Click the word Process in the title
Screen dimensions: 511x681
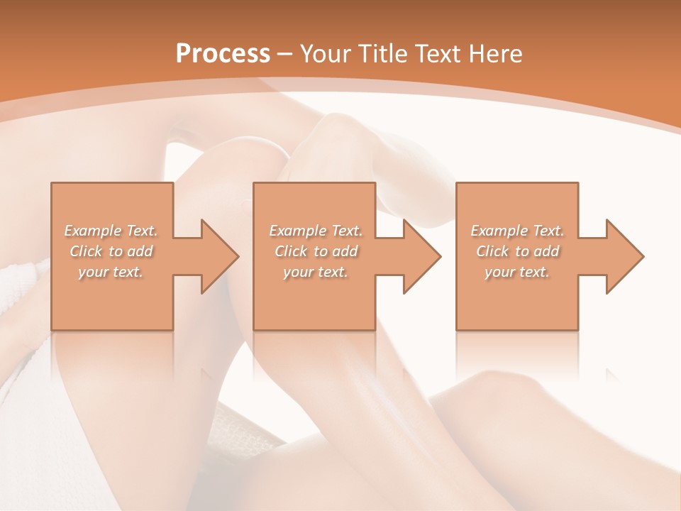(223, 54)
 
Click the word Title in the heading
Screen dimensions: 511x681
(382, 54)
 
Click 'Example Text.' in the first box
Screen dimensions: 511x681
(111, 231)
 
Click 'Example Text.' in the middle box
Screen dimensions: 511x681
(316, 231)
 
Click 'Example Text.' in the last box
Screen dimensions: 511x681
(517, 231)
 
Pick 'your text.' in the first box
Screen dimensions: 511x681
(111, 272)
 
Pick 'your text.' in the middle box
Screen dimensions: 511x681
(316, 272)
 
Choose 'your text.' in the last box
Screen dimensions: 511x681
(517, 272)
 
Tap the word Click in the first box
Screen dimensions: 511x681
(87, 251)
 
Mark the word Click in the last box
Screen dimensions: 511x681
(493, 251)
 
